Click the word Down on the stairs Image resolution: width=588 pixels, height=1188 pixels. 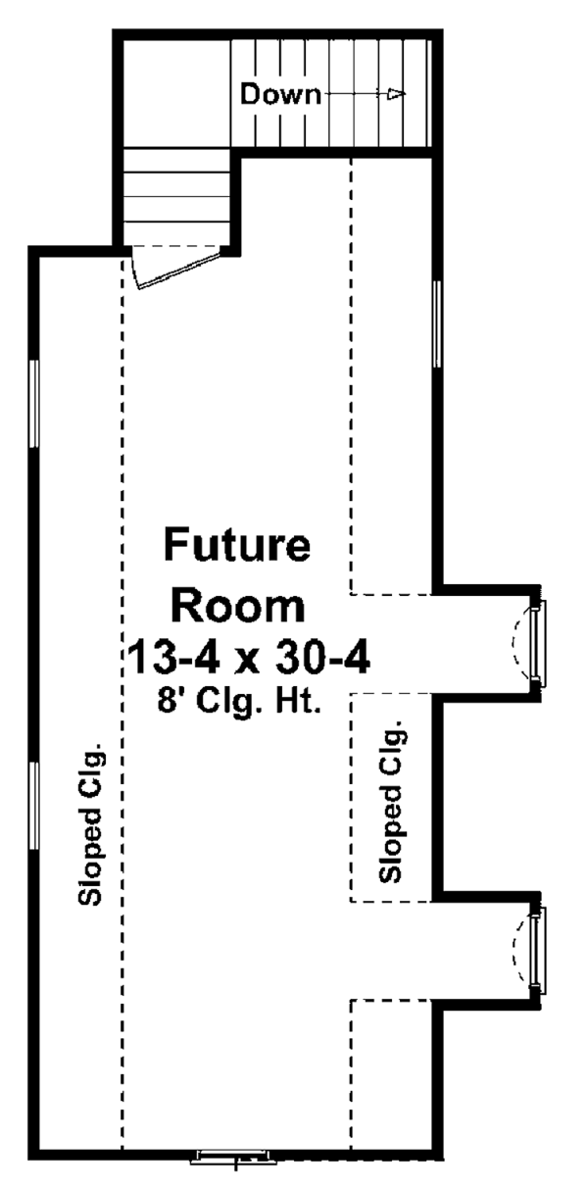pos(280,95)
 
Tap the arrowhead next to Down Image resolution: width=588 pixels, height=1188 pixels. pos(397,94)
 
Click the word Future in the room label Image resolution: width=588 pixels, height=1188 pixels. pos(237,544)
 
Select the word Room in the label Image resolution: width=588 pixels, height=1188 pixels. pos(238,607)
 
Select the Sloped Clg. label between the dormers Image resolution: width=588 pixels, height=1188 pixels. pos(391,802)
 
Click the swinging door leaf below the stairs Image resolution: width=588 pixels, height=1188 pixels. pos(178,271)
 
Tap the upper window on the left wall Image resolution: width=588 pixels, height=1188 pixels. pos(34,404)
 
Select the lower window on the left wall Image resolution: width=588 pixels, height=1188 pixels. pos(34,806)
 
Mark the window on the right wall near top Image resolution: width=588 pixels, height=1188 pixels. pos(437,323)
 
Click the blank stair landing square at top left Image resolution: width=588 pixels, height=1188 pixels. pos(176,91)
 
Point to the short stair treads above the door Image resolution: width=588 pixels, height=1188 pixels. pos(176,197)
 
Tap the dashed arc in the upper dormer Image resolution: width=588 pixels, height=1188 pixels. pos(517,643)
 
